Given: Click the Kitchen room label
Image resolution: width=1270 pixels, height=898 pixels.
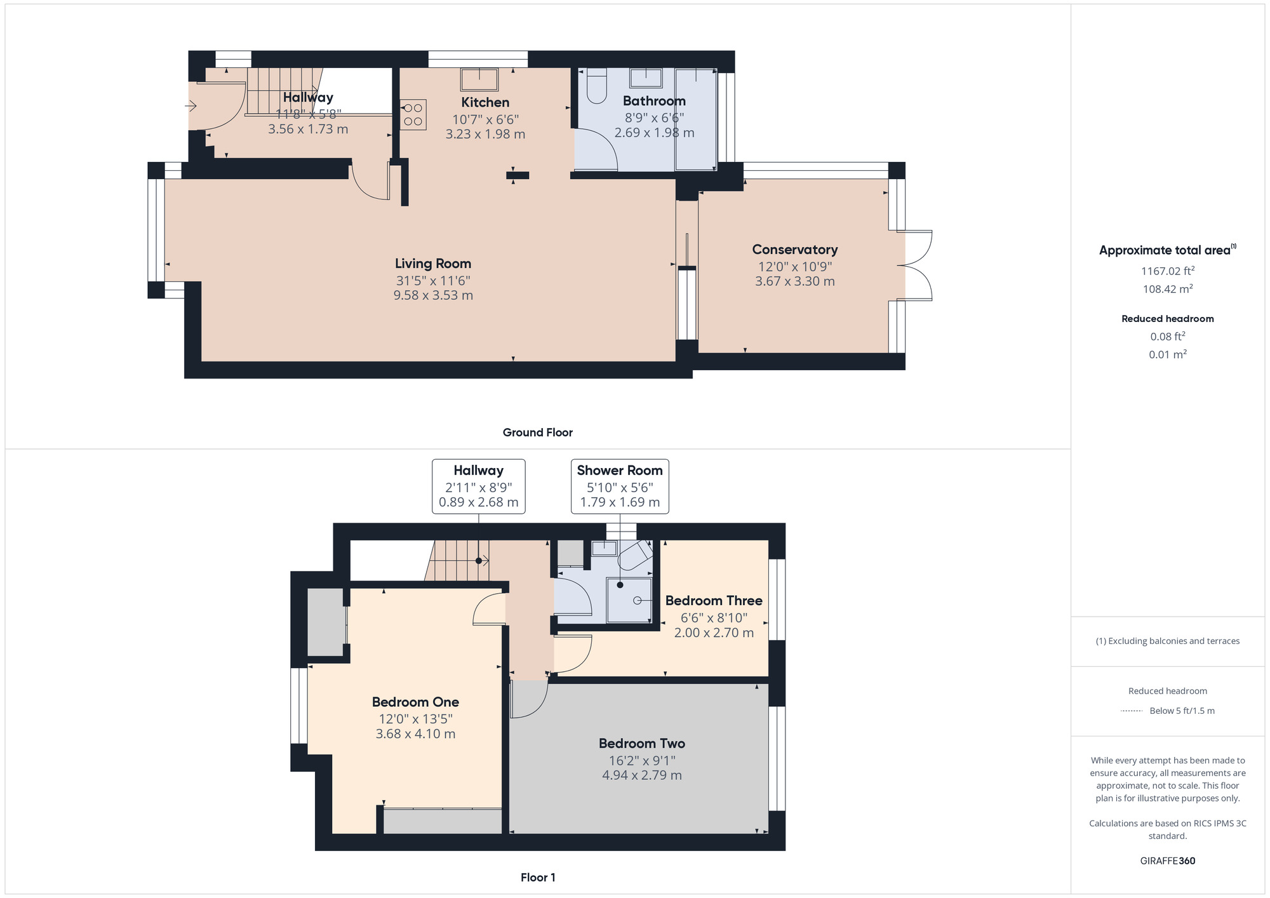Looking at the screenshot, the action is point(485,102).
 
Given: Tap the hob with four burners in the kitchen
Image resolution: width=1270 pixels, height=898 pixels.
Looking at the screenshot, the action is point(413,115).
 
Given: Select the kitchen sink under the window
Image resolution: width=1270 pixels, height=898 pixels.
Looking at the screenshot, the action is point(479,79).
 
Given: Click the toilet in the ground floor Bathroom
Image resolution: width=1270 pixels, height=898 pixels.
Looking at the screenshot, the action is point(597,86).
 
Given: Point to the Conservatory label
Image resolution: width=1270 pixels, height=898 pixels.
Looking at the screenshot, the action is point(795,250).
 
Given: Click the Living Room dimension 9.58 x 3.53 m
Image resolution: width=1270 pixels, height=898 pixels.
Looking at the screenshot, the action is point(433,295).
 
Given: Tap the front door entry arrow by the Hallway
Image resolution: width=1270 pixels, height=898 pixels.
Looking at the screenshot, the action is point(191,106).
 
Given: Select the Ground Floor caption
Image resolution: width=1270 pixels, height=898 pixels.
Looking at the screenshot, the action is point(538,432).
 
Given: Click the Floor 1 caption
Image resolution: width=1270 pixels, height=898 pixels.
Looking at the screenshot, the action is point(538,878).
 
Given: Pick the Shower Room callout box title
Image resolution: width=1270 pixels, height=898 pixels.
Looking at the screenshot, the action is point(620,471).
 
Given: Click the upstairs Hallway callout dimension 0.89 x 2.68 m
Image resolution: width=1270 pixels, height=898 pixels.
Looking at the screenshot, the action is point(479,502).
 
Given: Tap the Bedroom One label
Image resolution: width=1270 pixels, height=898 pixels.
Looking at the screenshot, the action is point(415,702).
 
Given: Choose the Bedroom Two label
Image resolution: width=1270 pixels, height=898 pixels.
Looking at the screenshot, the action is point(642,743).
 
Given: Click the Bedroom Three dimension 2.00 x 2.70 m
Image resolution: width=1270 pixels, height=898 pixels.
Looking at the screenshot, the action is point(714,633).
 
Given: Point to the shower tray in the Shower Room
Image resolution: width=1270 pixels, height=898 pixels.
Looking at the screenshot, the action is point(629,600).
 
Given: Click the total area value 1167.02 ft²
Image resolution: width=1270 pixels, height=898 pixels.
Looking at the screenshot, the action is point(1168,271).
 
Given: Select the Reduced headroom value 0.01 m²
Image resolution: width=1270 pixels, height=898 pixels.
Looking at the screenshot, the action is point(1168,354).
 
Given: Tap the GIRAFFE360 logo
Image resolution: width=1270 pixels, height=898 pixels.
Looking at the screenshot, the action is point(1168,861).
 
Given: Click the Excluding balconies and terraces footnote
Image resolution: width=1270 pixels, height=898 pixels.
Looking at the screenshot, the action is point(1168,641).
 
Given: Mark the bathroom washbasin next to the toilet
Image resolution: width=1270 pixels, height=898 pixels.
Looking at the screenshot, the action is point(646,78).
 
